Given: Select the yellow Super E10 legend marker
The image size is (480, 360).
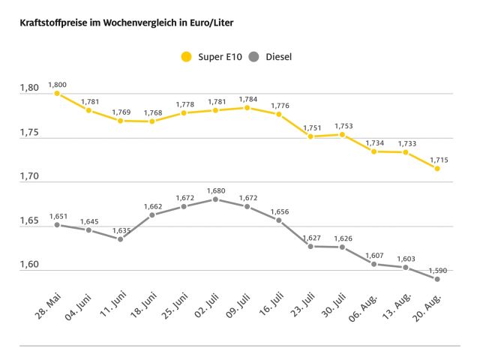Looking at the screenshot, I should [186, 56].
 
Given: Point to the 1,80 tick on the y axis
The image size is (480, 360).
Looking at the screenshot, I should [29, 89].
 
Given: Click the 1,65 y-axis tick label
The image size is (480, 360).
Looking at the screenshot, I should [29, 222].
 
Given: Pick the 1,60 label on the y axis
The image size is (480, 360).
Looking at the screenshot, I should [29, 266].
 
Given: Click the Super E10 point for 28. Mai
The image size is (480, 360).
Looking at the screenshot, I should [57, 94].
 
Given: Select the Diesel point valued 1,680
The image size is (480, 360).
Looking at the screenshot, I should [215, 199].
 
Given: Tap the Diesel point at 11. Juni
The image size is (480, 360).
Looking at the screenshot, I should [121, 239].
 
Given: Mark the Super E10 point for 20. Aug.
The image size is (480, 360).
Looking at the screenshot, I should [437, 169].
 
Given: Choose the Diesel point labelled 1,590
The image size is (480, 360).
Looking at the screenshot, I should [437, 279].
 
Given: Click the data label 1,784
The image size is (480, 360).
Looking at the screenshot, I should [247, 99].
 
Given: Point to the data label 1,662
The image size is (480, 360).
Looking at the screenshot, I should [152, 206].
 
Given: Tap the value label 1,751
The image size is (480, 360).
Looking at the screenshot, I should [310, 127].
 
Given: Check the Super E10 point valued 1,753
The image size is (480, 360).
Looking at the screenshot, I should [342, 135].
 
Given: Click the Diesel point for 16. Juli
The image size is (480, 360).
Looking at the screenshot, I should [279, 220].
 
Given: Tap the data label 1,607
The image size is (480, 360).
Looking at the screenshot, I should [373, 255].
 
